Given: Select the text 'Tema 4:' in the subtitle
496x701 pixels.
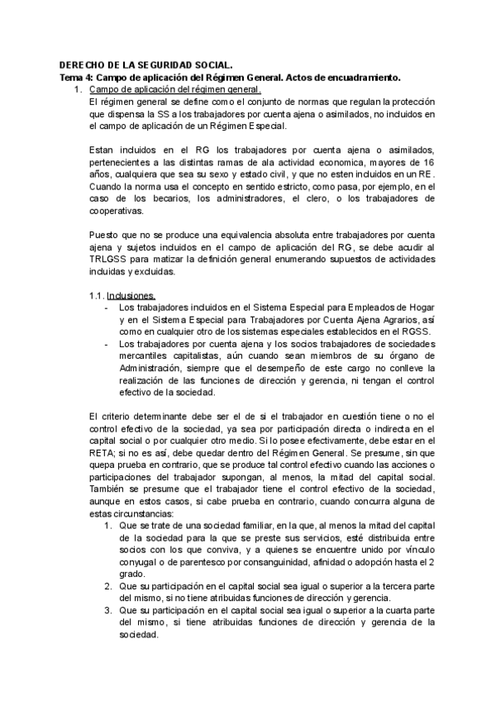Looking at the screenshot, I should (77, 77).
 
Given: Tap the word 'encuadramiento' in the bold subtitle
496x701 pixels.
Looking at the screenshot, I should (363, 77).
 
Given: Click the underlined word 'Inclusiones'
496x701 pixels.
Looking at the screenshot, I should (130, 295).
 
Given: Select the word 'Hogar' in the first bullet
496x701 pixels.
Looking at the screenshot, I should (421, 308).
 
